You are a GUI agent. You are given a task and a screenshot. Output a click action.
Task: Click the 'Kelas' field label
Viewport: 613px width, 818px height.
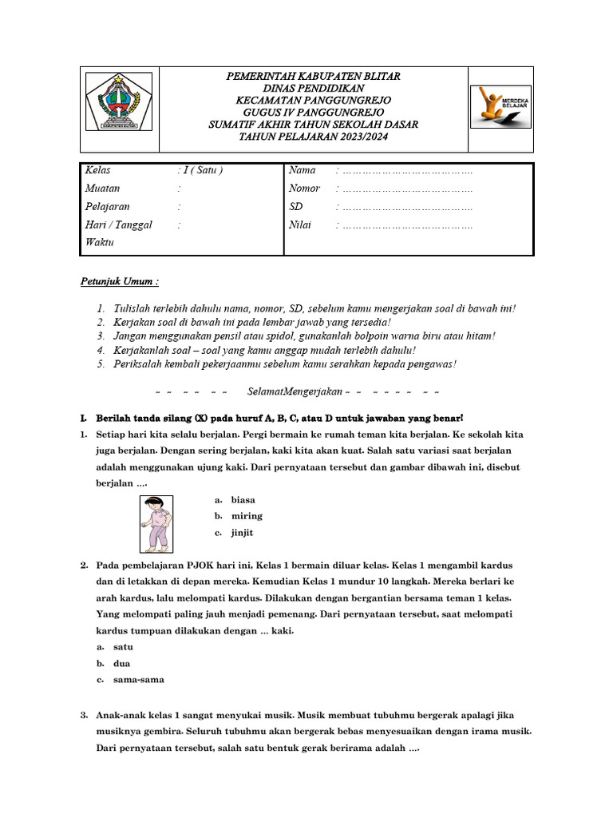click(97, 170)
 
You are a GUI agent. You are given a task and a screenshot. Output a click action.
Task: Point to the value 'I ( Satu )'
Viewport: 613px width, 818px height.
click(200, 170)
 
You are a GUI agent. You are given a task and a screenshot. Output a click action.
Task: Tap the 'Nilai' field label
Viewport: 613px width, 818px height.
click(299, 225)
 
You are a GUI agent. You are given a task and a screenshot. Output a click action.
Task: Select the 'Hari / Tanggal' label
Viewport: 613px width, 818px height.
click(118, 225)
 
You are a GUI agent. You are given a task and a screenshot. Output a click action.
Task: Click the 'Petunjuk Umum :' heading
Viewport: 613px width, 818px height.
click(120, 282)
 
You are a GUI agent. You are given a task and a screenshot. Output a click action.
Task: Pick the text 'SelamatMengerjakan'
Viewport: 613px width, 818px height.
click(295, 391)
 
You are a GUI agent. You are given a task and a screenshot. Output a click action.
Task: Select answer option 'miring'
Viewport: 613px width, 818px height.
click(246, 516)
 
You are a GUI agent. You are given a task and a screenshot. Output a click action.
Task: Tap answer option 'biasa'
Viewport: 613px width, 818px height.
click(243, 499)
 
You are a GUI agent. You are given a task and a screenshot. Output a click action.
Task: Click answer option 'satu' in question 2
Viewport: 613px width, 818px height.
click(123, 647)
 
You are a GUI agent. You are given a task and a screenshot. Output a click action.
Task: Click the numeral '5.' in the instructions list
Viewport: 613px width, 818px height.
click(101, 364)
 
